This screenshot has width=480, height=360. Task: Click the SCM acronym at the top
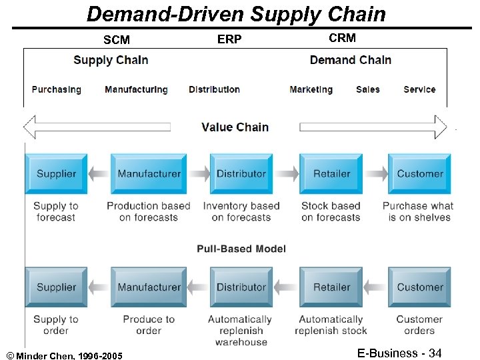click(117, 40)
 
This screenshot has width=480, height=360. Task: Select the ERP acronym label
click(229, 39)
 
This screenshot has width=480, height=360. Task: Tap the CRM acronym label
click(342, 38)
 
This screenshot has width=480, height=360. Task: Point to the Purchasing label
click(57, 89)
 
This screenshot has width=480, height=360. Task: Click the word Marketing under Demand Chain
click(311, 89)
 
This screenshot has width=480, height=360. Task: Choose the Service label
click(419, 89)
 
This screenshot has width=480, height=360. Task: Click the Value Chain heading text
click(235, 127)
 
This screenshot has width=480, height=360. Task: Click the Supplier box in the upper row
click(56, 174)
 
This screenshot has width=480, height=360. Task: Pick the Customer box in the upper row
click(420, 174)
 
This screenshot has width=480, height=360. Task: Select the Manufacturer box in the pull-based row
click(149, 287)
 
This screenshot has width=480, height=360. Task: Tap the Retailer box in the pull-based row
click(331, 287)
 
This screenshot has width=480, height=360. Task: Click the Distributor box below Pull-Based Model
click(241, 287)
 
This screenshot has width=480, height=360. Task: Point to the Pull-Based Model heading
click(241, 249)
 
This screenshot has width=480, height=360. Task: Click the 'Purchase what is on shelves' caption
click(418, 211)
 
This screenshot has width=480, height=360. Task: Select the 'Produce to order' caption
click(149, 325)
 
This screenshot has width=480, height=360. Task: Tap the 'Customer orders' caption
click(419, 325)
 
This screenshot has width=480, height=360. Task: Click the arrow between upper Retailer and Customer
click(376, 174)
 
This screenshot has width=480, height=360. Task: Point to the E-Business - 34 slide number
click(399, 353)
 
